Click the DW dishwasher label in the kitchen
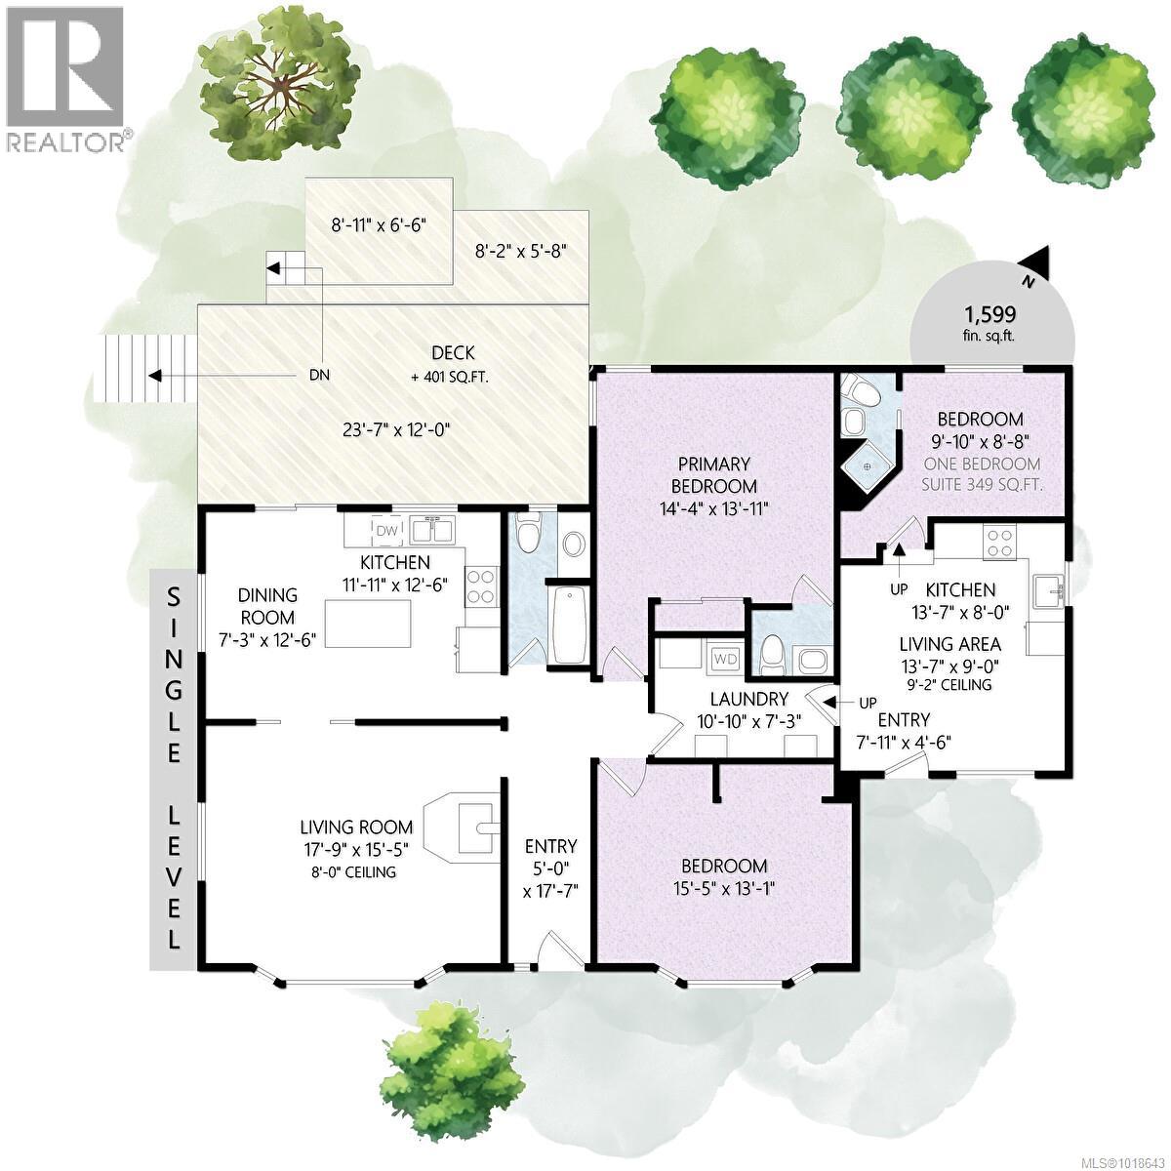point(387,530)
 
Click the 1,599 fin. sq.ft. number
point(990,314)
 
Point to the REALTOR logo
point(66,78)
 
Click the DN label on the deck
point(319,377)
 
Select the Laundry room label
point(748,699)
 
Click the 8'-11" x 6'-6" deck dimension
point(379,224)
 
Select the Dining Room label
point(267,606)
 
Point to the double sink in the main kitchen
point(434,531)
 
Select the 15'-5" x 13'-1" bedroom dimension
point(723,888)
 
